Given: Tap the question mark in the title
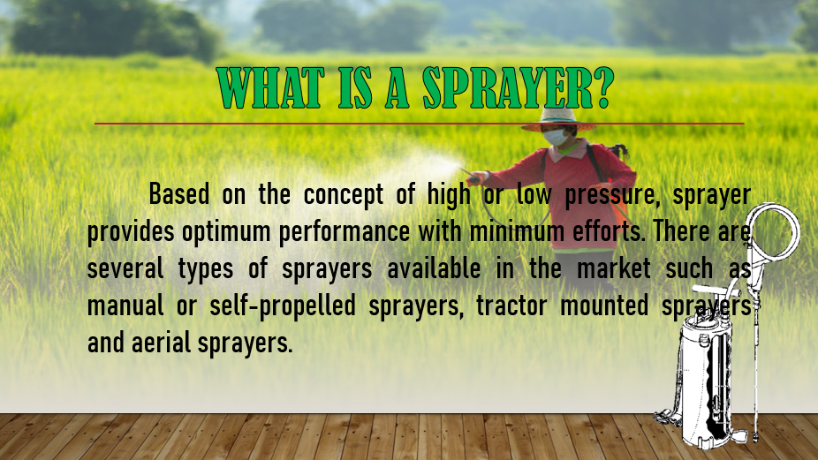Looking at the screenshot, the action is (x=604, y=87).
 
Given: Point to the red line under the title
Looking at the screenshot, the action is (x=419, y=124).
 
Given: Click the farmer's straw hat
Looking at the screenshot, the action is (x=557, y=119).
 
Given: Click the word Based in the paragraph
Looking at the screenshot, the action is (x=179, y=194).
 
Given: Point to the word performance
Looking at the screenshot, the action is (x=345, y=232).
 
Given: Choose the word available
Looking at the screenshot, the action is (x=434, y=268).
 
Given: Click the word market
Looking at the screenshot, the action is (x=613, y=268).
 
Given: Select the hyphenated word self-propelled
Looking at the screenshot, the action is (x=283, y=306).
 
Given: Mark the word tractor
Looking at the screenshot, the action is (x=511, y=306).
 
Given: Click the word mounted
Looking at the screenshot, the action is (x=604, y=306).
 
